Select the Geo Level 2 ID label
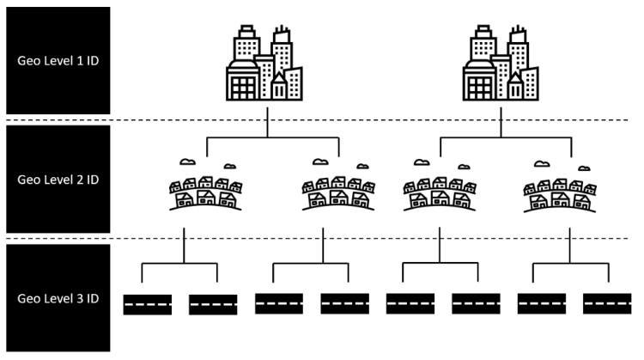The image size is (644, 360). coord(58,180)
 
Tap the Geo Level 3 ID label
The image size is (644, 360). coord(58,298)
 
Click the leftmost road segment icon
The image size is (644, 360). coord(148,305)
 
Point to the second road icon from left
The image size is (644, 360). coord(213,305)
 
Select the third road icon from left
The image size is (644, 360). coord(279,303)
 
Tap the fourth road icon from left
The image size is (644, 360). coord(344,303)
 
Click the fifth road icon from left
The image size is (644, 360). coord(410,303)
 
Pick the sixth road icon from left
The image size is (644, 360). coord(476,303)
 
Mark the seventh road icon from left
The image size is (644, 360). coord(542,303)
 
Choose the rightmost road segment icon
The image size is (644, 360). coord(607,303)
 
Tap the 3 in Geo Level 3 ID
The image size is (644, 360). coord(80,298)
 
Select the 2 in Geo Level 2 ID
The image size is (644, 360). coord(80,180)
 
